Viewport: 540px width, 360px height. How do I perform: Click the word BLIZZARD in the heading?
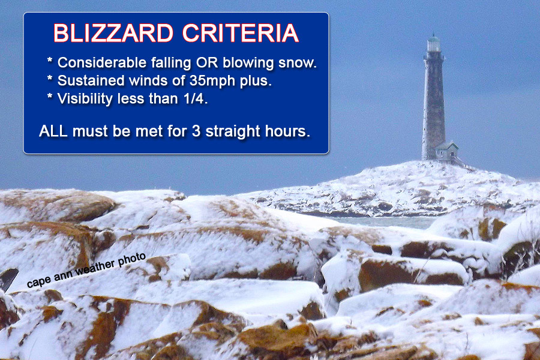(113, 34)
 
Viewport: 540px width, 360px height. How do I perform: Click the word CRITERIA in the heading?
(241, 34)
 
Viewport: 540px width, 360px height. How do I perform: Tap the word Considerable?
(102, 62)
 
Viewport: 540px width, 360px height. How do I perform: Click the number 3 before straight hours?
(196, 131)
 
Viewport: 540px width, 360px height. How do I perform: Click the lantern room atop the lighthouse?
(434, 43)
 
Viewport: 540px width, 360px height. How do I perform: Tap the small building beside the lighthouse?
(447, 151)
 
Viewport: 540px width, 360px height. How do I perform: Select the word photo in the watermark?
(132, 259)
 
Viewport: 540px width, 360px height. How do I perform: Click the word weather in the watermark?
(95, 268)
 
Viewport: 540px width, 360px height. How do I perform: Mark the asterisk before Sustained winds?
(50, 79)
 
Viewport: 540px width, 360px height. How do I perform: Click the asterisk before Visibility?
(50, 97)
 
